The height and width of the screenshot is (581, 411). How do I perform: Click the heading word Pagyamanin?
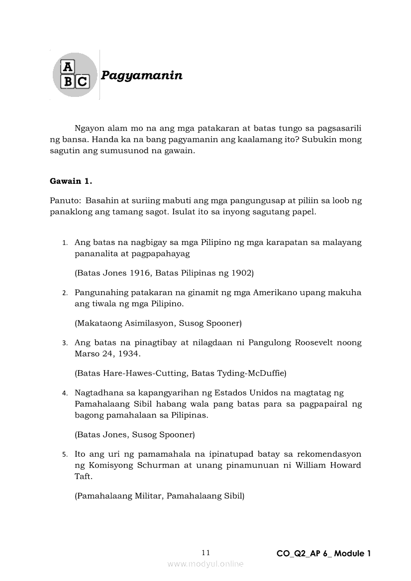[x=141, y=76]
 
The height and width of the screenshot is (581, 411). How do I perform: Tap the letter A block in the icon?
[x=67, y=67]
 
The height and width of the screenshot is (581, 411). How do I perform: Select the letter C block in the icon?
[x=83, y=82]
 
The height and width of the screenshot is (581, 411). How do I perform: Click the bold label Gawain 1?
[x=71, y=181]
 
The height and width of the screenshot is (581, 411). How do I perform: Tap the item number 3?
[x=65, y=343]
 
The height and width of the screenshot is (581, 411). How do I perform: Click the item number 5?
[x=65, y=454]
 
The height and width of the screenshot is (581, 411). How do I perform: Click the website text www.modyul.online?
[x=205, y=564]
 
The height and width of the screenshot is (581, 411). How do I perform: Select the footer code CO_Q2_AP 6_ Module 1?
[x=323, y=553]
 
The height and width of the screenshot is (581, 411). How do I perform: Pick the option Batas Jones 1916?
[x=112, y=273]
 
